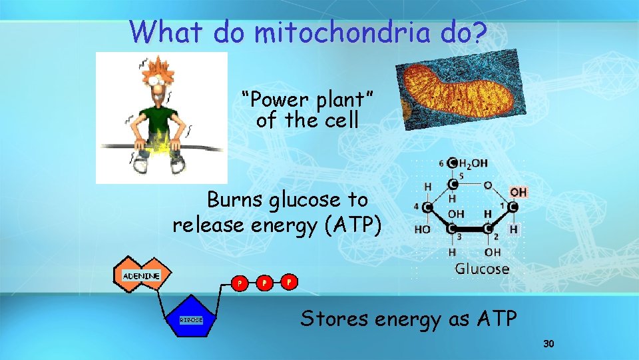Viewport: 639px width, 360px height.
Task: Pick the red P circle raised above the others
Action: pos(289,281)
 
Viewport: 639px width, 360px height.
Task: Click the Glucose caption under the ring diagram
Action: pos(482,269)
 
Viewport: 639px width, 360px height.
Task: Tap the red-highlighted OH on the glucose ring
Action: pos(519,192)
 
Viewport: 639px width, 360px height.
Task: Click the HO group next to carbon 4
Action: pos(422,229)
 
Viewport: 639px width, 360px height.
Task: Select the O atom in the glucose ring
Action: pos(487,185)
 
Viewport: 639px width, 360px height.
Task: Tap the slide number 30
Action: pos(548,344)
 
